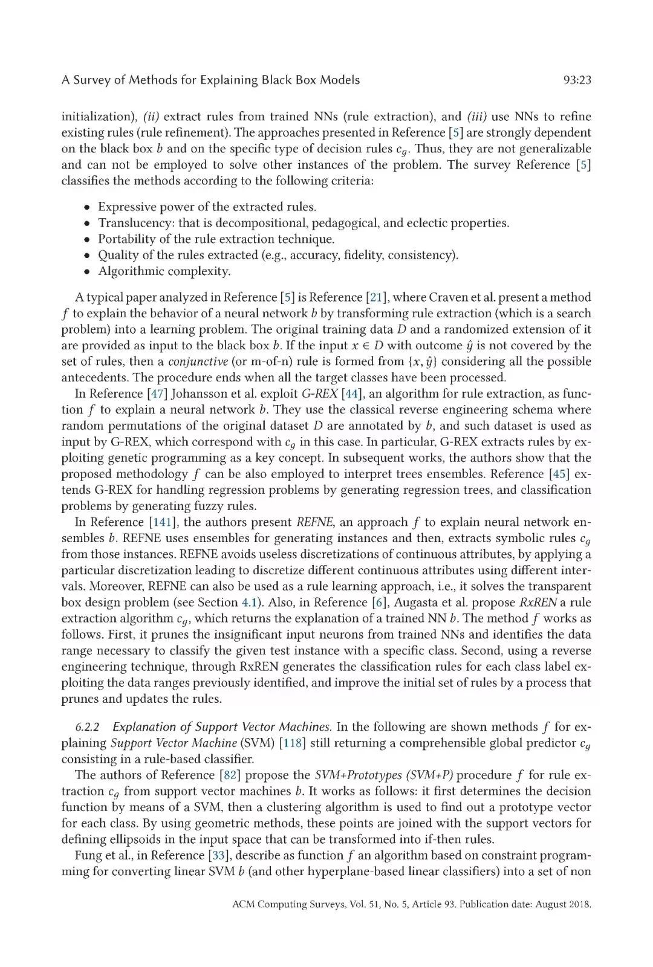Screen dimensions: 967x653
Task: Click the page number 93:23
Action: tap(576, 80)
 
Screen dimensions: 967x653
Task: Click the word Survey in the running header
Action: tap(93, 80)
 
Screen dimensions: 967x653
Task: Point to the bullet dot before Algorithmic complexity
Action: tap(88, 271)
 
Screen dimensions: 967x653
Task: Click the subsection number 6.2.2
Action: tap(88, 727)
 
